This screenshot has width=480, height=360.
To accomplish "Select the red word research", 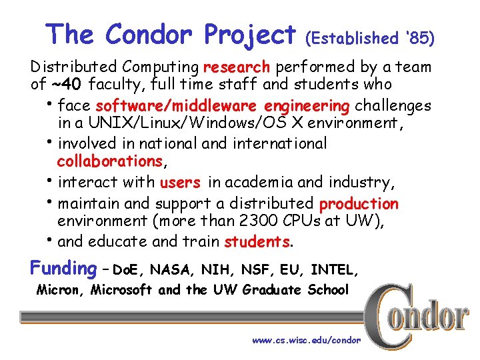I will click(237, 67).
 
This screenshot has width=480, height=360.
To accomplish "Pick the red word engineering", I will click(307, 106).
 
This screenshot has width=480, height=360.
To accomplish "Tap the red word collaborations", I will click(109, 161).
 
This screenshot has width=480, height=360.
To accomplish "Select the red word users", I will click(180, 183).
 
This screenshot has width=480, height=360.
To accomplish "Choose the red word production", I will click(359, 203).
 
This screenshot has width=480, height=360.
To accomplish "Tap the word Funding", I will click(64, 269).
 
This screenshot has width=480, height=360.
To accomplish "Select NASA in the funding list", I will click(170, 270).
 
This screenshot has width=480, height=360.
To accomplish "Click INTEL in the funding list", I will click(334, 270).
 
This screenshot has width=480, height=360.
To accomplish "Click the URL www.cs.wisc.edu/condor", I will click(306, 341).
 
